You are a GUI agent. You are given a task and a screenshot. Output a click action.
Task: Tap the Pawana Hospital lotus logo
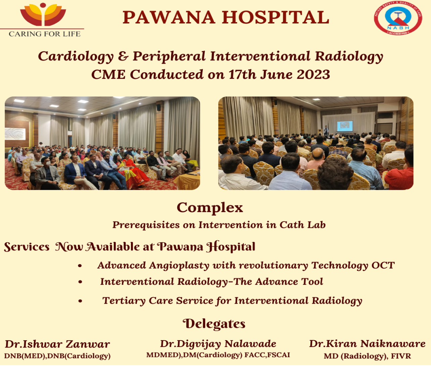click(43, 14)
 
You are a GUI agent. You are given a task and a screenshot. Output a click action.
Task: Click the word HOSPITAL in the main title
click(275, 17)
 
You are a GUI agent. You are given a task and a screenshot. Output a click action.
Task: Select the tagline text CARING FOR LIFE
click(45, 34)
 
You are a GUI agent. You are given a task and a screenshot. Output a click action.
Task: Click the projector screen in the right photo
click(345, 126)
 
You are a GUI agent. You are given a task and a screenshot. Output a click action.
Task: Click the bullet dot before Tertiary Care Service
click(80, 301)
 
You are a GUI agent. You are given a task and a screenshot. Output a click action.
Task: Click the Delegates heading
click(214, 324)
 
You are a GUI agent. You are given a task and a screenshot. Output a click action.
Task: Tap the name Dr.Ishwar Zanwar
click(57, 344)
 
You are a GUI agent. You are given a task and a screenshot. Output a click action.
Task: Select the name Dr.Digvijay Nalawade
click(218, 344)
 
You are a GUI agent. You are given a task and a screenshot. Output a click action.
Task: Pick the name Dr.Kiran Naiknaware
click(367, 344)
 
